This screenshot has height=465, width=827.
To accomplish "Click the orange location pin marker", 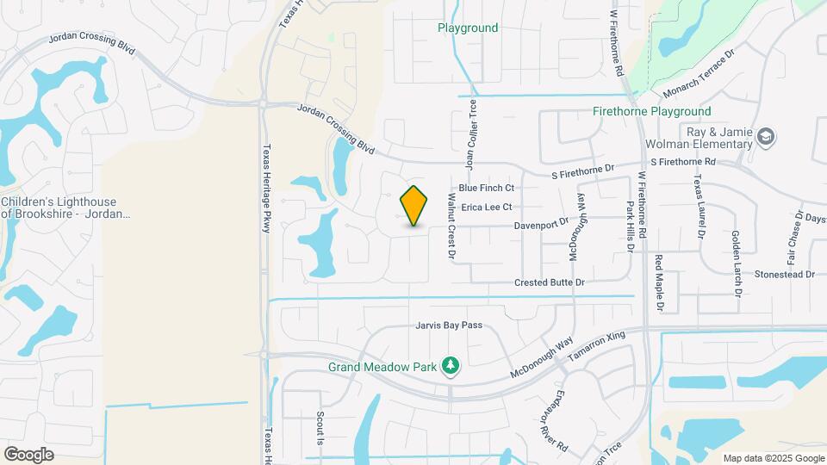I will tap(414, 206).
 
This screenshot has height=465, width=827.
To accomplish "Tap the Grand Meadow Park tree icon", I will tap(449, 367).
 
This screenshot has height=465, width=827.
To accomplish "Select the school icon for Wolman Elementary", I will tap(766, 137).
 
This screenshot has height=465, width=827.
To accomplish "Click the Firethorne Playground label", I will tap(652, 111).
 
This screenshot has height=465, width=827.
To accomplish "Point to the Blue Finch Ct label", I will tap(486, 188).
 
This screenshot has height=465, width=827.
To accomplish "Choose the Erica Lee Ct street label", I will tap(487, 208).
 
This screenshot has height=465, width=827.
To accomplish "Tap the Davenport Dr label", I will tap(542, 221).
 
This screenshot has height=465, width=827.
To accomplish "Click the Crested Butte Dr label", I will tap(550, 282).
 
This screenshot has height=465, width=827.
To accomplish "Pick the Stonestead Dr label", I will tap(784, 274).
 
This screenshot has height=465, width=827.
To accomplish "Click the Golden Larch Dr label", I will tap(737, 263).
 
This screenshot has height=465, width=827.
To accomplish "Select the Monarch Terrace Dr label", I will tap(698, 72).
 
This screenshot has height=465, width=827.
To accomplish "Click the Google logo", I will tap(28, 455).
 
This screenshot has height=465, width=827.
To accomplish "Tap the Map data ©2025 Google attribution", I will tap(774, 458).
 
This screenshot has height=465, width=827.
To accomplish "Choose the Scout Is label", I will tap(320, 428).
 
